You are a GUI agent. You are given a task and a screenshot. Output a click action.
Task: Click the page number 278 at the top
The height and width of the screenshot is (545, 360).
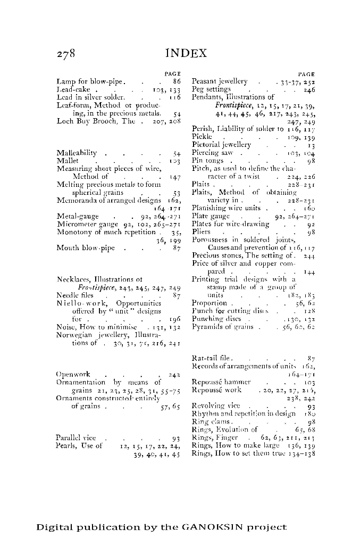pos(66,53)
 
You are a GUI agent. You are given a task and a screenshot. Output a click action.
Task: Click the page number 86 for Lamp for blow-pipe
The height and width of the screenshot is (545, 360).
pos(177,81)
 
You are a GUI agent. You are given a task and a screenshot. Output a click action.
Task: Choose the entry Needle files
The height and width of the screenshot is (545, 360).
pos(76,295)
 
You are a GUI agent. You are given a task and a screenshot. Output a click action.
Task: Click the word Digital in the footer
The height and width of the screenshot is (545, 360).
pos(55,527)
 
